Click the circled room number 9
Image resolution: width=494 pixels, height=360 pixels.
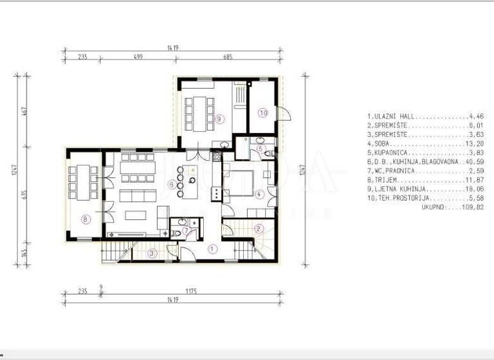coord(219,119)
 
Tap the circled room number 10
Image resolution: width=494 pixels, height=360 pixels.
coord(262,113)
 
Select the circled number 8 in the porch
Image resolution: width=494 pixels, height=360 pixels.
coord(86,219)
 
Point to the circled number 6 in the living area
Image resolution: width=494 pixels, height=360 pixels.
coord(172,184)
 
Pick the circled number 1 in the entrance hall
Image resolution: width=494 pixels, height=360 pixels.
coord(214,248)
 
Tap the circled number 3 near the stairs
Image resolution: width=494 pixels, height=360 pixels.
coord(152,253)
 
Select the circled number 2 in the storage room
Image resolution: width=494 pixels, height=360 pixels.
coord(259,228)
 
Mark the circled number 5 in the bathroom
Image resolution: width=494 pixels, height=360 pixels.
coord(261,149)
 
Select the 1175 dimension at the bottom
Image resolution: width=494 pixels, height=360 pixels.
coord(191,291)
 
